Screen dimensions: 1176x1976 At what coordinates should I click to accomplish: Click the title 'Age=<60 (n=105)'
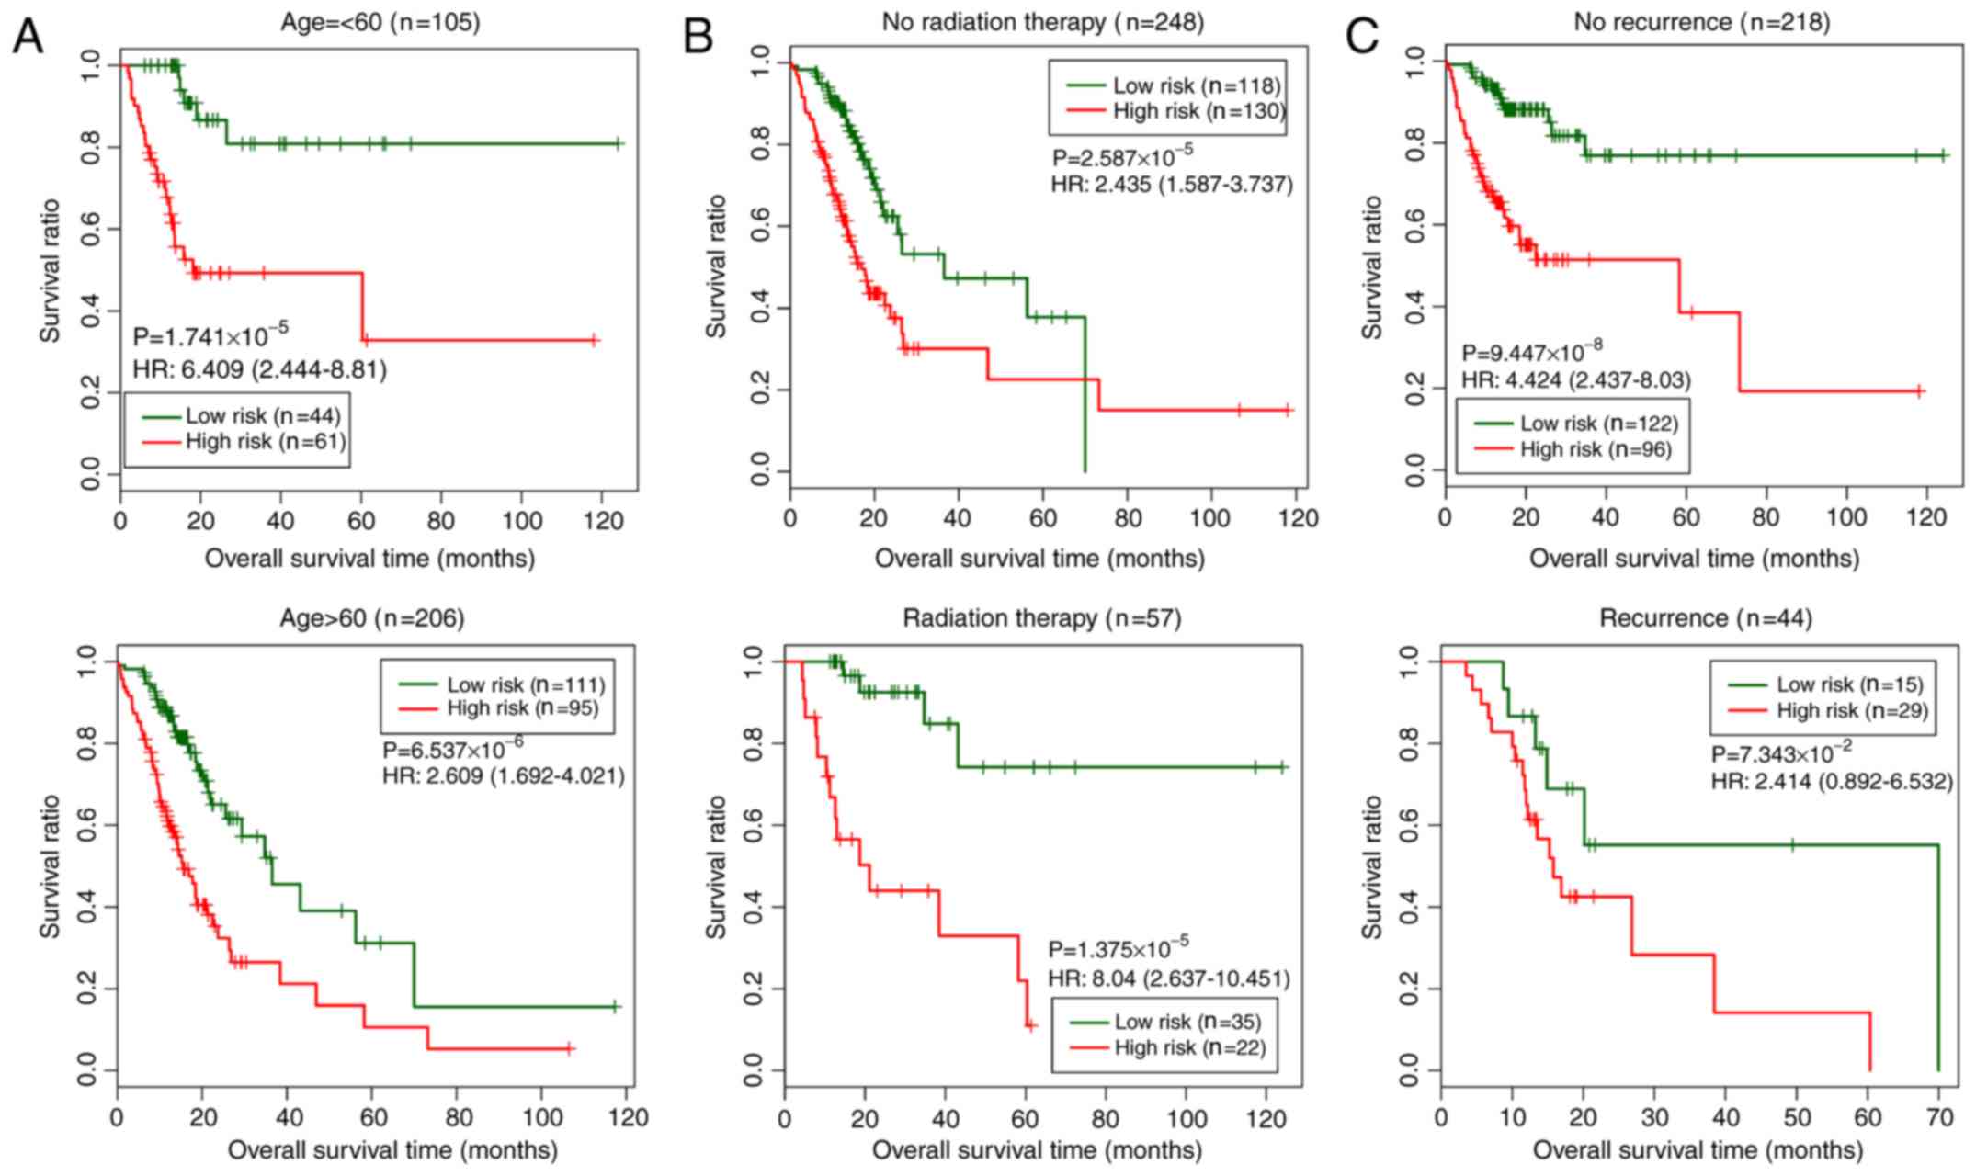pyautogui.click(x=380, y=22)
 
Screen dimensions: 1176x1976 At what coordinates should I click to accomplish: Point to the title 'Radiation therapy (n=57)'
pyautogui.click(x=1041, y=618)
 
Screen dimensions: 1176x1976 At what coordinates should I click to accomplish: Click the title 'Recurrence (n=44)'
pyautogui.click(x=1705, y=618)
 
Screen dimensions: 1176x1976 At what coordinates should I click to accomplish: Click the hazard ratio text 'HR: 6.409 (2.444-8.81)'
pyautogui.click(x=259, y=369)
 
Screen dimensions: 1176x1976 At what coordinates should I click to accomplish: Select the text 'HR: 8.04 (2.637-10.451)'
pyautogui.click(x=1168, y=979)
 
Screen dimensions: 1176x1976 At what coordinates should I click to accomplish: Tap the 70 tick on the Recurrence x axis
pyautogui.click(x=1939, y=1117)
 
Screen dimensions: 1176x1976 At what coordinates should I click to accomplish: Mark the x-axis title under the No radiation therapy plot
pyautogui.click(x=1039, y=558)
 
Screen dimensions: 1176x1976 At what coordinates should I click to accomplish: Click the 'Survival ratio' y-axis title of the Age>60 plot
pyautogui.click(x=50, y=866)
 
